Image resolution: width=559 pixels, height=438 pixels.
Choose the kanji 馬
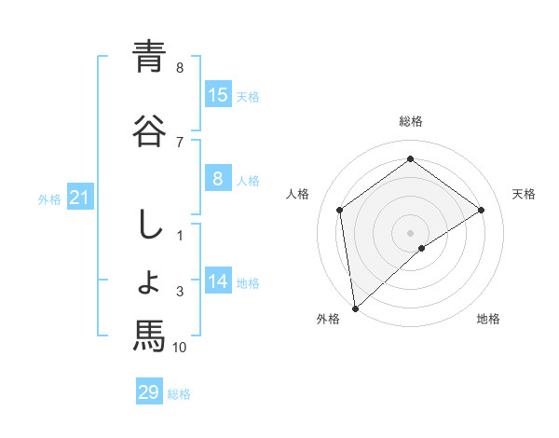tap(148, 334)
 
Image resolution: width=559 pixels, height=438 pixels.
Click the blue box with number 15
tap(218, 94)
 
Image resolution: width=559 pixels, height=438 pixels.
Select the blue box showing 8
tap(218, 178)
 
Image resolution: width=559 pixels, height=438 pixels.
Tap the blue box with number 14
tap(218, 281)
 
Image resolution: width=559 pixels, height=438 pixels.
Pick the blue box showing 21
tap(80, 197)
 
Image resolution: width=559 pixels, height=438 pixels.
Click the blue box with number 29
tap(149, 392)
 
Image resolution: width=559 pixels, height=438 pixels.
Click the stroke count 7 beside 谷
tap(180, 142)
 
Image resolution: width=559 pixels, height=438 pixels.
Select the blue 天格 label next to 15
tap(247, 96)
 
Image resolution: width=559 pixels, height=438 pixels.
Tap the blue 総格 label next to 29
tap(179, 394)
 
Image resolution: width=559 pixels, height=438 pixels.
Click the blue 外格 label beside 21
tap(49, 198)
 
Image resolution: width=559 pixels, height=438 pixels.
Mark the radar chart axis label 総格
tap(411, 121)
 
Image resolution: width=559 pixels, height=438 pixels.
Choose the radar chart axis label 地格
tap(488, 320)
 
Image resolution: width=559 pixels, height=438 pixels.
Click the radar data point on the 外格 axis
tap(355, 308)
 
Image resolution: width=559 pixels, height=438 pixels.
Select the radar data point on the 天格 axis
tap(482, 210)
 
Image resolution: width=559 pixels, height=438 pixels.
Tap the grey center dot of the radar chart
tap(411, 232)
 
